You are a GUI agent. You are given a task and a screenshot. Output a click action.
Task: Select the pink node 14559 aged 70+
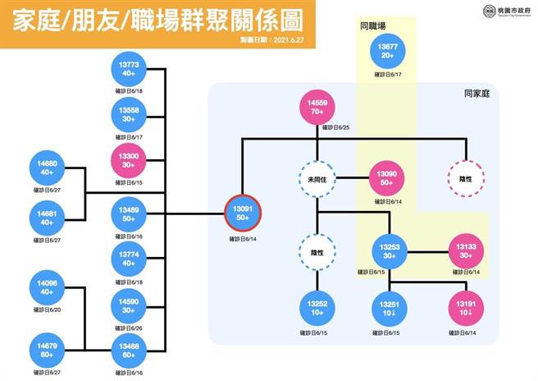317,110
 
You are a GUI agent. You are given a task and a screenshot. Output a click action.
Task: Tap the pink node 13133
465,250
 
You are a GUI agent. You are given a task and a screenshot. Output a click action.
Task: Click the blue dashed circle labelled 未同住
317,179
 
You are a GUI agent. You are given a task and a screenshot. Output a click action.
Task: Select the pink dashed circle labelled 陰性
465,179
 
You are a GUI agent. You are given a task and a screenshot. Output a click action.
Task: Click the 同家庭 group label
476,94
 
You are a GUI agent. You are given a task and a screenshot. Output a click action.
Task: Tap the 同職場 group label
372,26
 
